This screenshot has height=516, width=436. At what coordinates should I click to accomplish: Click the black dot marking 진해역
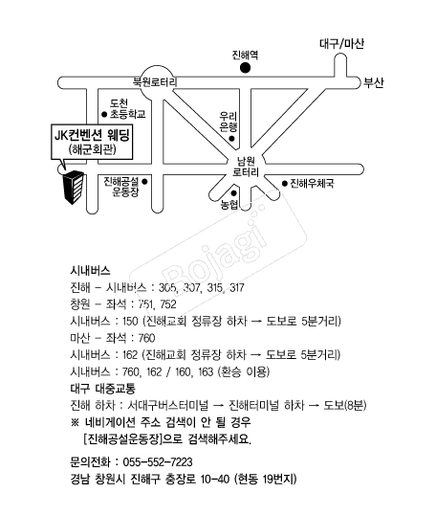pyautogui.click(x=245, y=68)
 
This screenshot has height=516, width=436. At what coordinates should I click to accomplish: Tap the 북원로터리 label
pyautogui.click(x=155, y=82)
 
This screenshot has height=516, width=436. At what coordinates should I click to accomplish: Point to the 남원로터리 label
pyautogui.click(x=246, y=167)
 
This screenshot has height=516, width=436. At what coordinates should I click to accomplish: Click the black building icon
pyautogui.click(x=74, y=188)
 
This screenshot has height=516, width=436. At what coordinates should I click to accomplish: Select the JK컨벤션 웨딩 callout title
pyautogui.click(x=92, y=135)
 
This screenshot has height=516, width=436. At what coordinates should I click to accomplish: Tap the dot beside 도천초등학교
pyautogui.click(x=104, y=115)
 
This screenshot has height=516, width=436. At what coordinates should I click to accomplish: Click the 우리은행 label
pyautogui.click(x=228, y=122)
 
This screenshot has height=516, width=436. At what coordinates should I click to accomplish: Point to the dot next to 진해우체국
pyautogui.click(x=285, y=183)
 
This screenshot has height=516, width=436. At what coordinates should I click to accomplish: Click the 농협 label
pyautogui.click(x=229, y=205)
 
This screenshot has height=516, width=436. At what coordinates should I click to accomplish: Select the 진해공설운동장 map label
pyautogui.click(x=121, y=187)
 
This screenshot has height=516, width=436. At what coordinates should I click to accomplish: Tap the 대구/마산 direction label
pyautogui.click(x=341, y=43)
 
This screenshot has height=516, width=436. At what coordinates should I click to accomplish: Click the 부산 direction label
pyautogui.click(x=373, y=82)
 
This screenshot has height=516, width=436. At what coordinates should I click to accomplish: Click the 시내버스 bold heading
pyautogui.click(x=90, y=271)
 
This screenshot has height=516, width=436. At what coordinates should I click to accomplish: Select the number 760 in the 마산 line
pyautogui.click(x=146, y=338)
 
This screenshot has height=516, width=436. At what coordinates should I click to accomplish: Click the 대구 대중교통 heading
pyautogui.click(x=102, y=389)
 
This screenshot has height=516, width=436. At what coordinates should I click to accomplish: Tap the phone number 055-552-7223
pyautogui.click(x=158, y=462)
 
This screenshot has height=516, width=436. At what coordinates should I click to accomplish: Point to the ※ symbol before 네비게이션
pyautogui.click(x=75, y=422)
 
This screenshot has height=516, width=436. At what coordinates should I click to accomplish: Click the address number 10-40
pyautogui.click(x=214, y=479)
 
